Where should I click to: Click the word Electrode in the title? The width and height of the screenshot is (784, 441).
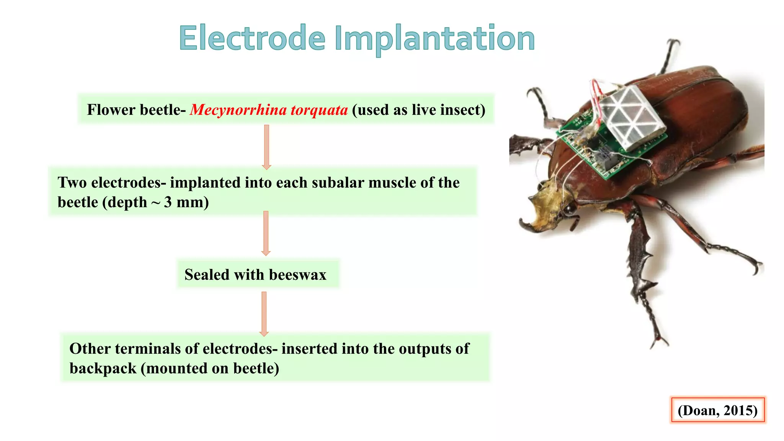[252, 38]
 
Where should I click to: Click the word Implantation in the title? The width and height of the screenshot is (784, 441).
[434, 39]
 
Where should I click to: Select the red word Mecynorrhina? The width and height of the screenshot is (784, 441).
[238, 110]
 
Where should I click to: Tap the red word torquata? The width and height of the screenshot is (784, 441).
[319, 110]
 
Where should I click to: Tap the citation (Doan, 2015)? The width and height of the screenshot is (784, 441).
[717, 410]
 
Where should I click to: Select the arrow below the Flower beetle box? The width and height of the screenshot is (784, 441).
[266, 147]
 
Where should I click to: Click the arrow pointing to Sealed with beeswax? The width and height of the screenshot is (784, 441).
[266, 233]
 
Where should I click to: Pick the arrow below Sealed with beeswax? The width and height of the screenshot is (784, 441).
[264, 314]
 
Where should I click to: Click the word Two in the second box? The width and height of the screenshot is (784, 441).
[72, 183]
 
